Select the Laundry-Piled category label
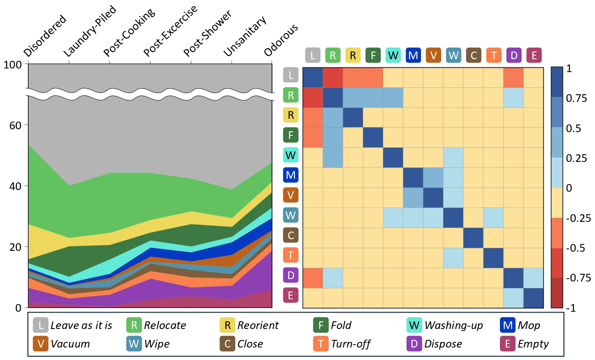(90, 31)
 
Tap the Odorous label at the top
(281, 40)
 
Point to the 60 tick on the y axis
(15, 126)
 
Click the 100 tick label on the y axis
(12, 65)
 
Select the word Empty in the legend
(533, 344)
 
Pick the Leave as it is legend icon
(41, 325)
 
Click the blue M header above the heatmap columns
(413, 56)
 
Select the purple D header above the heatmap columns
(514, 56)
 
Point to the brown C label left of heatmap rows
(290, 235)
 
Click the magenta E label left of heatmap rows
(290, 295)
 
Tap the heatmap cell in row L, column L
(313, 78)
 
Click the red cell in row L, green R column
(333, 78)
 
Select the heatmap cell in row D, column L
(313, 278)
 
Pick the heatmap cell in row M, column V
(433, 178)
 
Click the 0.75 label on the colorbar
(576, 99)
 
